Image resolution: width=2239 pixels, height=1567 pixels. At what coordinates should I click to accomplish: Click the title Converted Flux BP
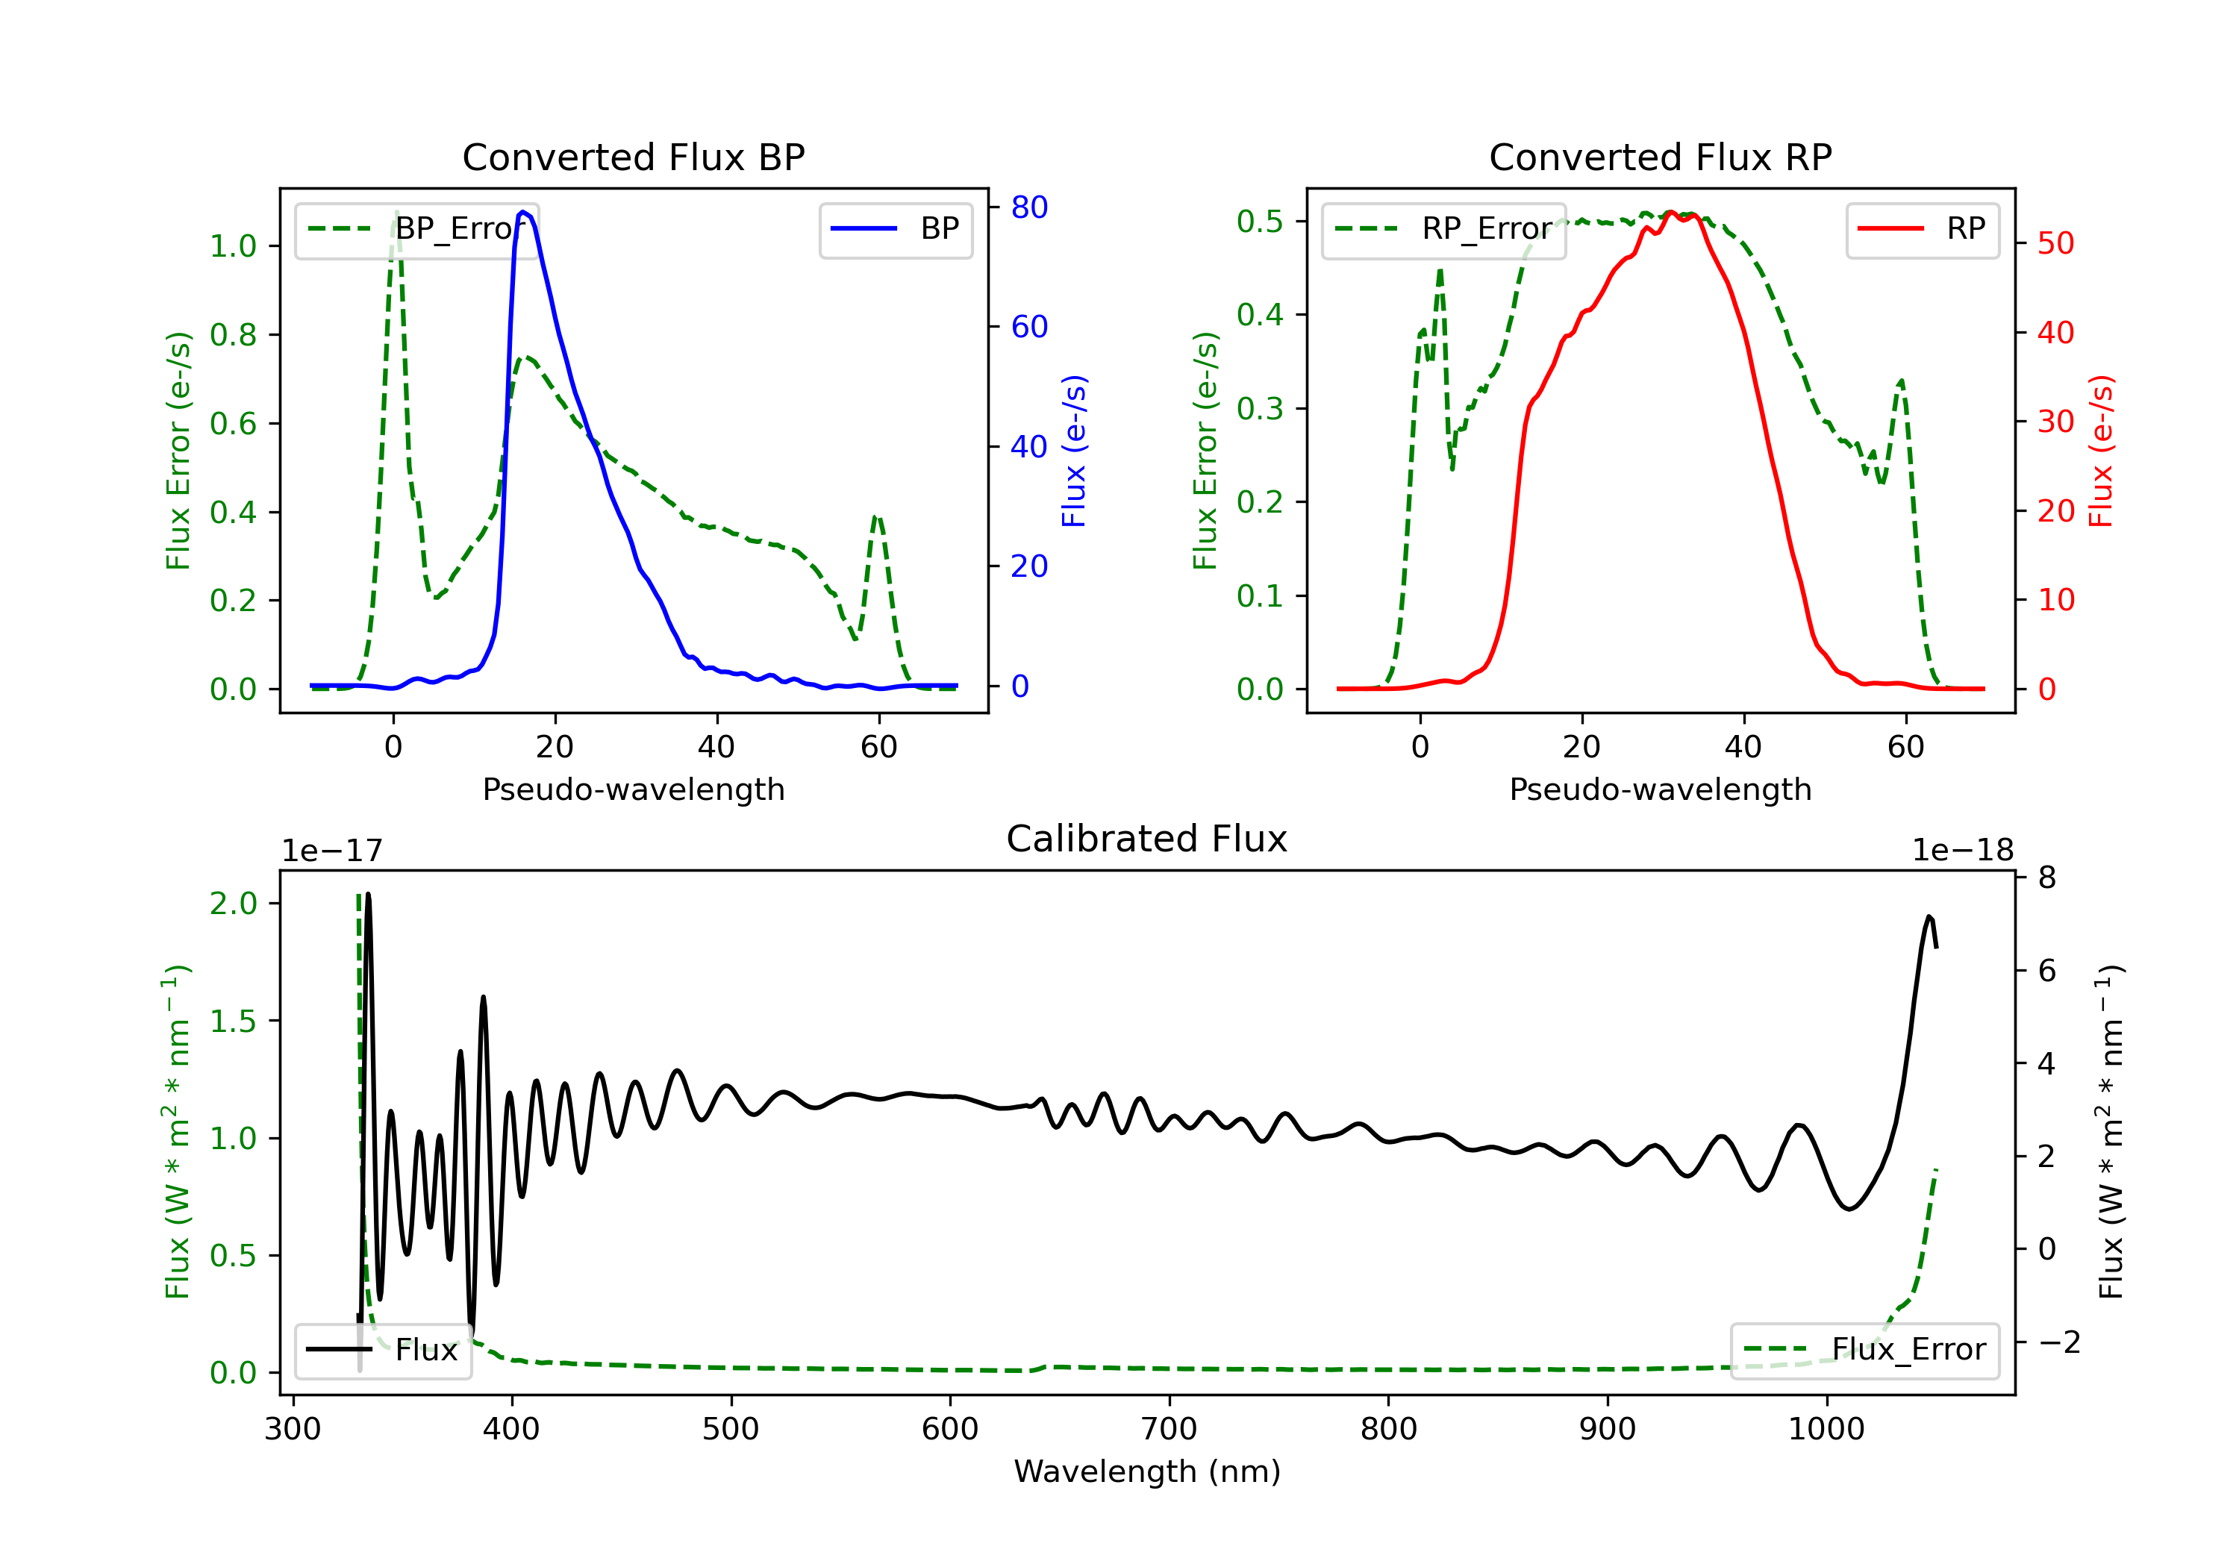pos(633,157)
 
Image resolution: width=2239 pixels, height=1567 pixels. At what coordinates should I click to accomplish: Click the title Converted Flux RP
pos(1660,157)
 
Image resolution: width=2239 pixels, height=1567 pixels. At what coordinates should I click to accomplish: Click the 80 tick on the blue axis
pos(1028,207)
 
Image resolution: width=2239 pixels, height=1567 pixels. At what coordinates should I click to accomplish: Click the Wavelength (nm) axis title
pos(1147,1471)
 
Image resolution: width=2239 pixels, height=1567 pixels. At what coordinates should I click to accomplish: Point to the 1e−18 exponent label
pos(1962,851)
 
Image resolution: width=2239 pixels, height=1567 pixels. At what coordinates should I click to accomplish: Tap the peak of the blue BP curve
pos(524,212)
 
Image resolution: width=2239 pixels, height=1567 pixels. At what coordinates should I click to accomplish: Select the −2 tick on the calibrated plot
pos(2058,1342)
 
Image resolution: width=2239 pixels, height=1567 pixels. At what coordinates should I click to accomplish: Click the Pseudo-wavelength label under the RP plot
pos(1660,789)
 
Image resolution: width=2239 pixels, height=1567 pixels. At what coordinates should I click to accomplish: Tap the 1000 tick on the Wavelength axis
pos(1826,1430)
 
